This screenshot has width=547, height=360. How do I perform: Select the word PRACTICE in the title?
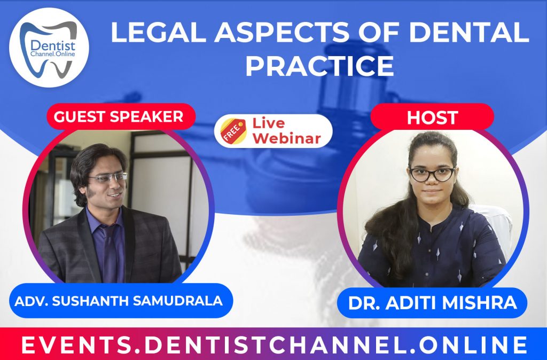tap(319, 65)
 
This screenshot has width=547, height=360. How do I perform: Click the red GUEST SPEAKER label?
tap(119, 116)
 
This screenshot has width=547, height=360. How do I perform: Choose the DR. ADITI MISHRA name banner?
tap(432, 303)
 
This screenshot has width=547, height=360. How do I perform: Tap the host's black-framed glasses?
tap(431, 174)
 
